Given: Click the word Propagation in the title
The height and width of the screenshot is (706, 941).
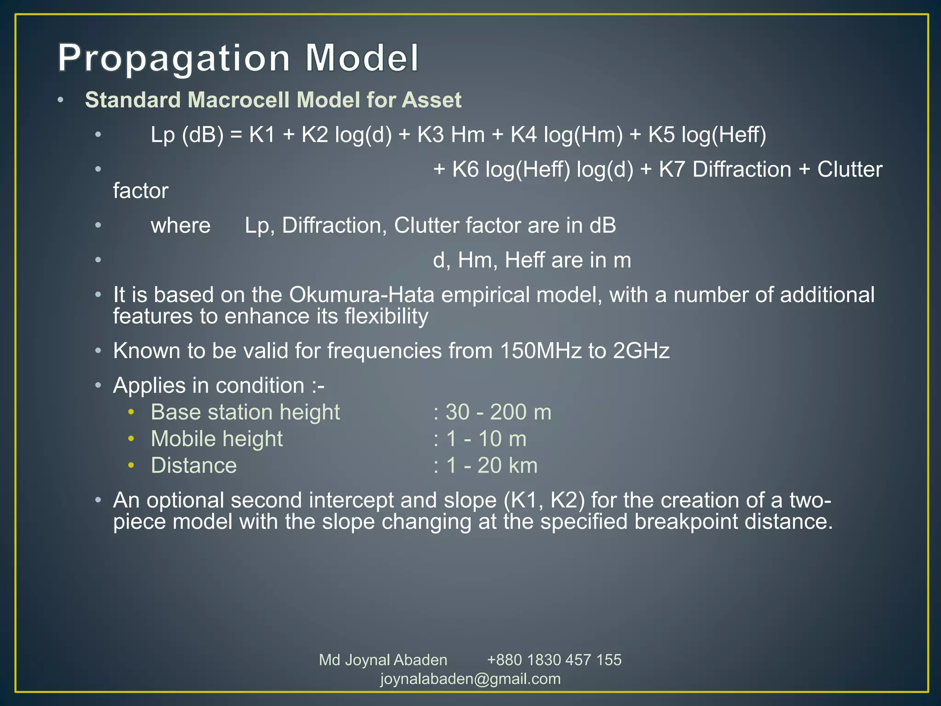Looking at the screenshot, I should point(174,58).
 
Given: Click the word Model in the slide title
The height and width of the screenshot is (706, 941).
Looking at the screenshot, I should point(362,58).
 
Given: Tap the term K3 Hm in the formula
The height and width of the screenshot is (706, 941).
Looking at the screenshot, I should point(450,135).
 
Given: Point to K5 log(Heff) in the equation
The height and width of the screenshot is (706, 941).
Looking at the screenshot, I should point(707,135).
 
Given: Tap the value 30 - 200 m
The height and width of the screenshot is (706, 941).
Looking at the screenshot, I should point(498,412).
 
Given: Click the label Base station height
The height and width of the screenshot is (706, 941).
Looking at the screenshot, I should point(245,412).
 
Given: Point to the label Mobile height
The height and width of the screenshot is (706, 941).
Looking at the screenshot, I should point(216,439).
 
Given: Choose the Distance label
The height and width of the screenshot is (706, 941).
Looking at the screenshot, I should point(193,466).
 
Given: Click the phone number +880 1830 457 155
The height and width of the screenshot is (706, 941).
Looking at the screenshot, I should point(554,660).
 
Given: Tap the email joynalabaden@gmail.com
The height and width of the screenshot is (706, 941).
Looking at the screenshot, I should point(470,679).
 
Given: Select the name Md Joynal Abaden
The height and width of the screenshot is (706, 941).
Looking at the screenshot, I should point(383,660).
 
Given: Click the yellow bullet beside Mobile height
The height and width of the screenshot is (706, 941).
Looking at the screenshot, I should point(131,439).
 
